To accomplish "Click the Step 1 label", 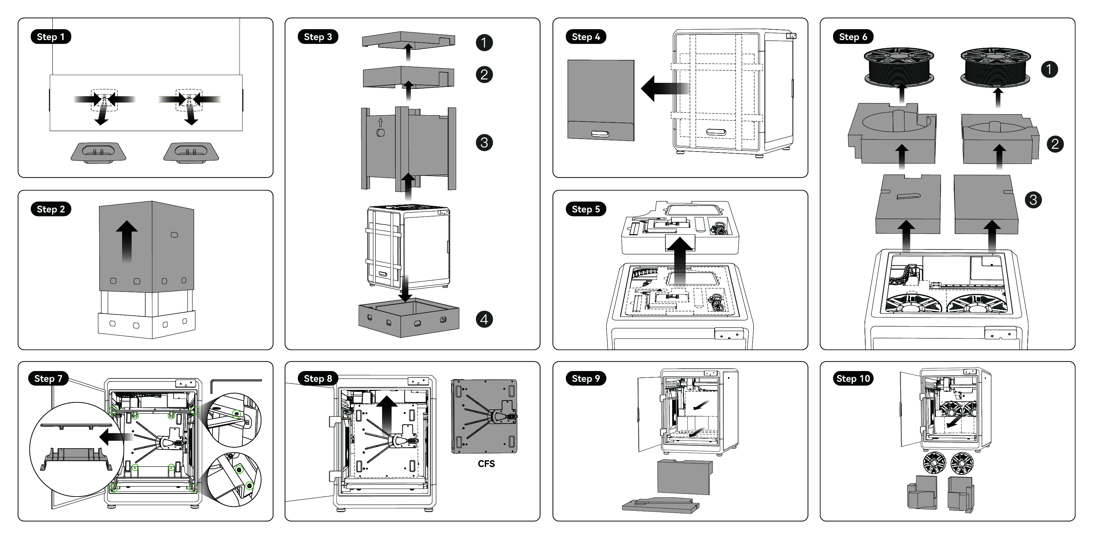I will [50, 37].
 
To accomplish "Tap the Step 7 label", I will [48, 378].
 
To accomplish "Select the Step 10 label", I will [853, 378].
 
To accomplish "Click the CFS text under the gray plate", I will [486, 464].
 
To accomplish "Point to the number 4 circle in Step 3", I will [484, 319].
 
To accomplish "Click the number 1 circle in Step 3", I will [484, 42].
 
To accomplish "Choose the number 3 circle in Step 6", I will [1033, 200].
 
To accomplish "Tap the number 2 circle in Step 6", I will [1055, 144].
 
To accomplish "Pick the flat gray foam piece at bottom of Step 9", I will [660, 505].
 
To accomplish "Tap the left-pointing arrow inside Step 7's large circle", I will [110, 437].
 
